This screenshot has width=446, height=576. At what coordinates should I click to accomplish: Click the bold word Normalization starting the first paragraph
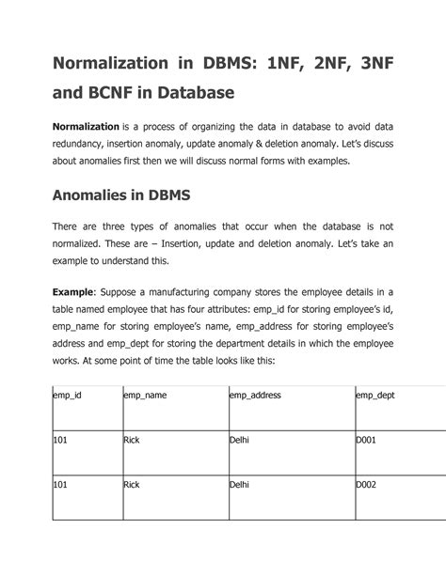tap(85, 127)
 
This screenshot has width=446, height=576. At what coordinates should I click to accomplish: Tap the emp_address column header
tap(255, 396)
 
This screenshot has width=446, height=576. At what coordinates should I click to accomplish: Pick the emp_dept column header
tap(374, 396)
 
